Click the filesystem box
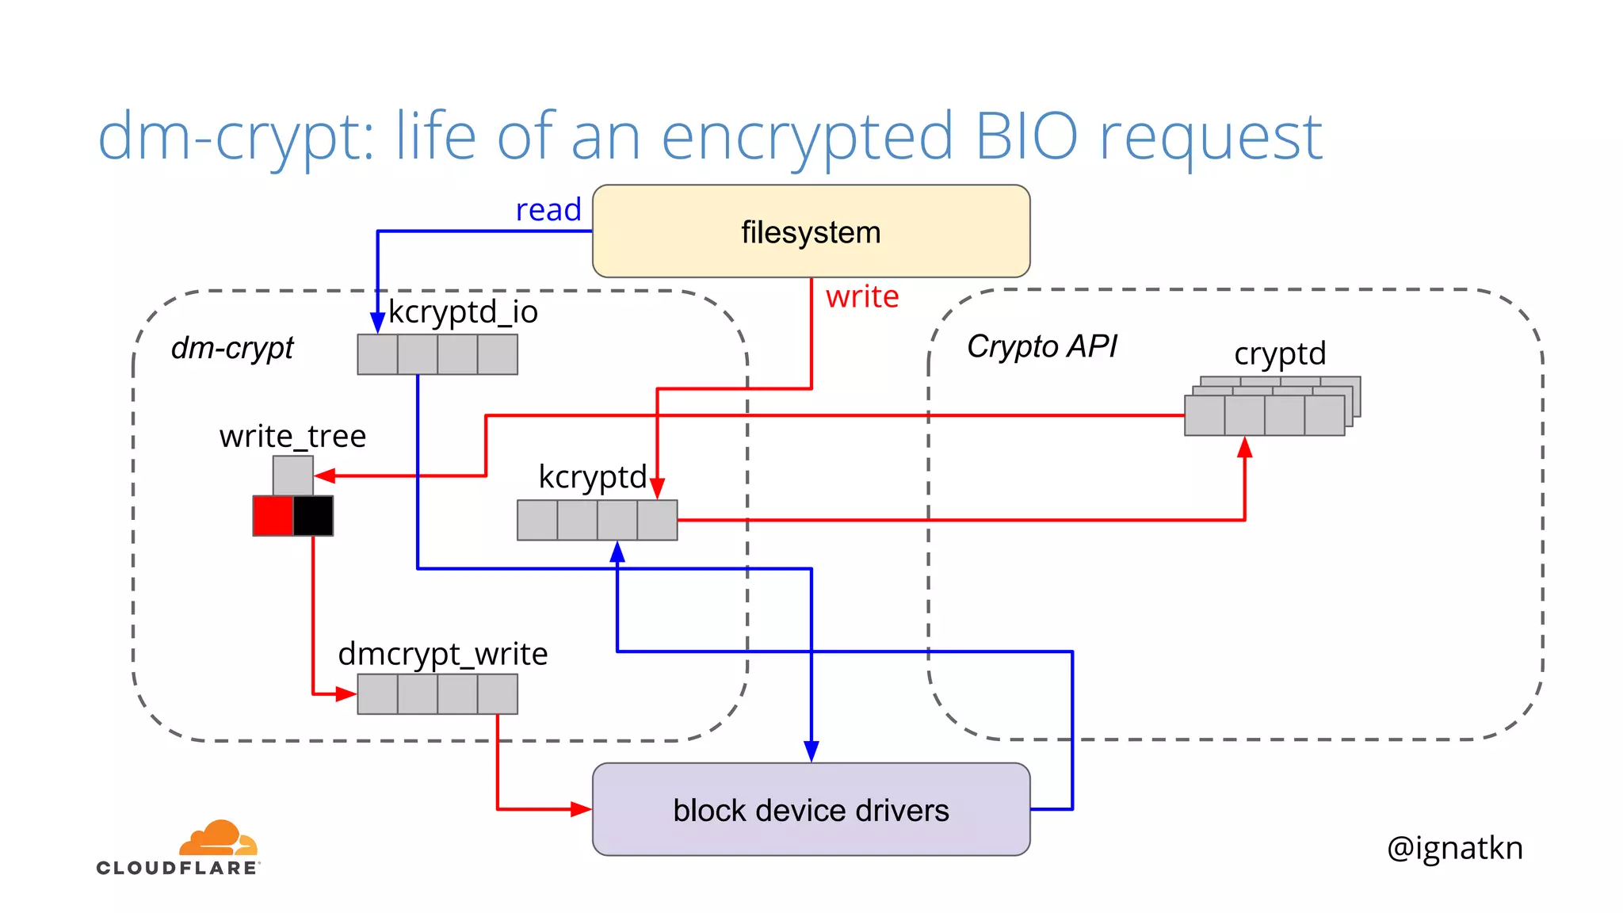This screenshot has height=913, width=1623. click(811, 231)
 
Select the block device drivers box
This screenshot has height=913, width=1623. click(811, 809)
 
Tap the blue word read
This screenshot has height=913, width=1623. click(548, 210)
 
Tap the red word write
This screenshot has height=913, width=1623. click(862, 296)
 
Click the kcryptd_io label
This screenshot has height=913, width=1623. click(463, 311)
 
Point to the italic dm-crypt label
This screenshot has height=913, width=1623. click(231, 348)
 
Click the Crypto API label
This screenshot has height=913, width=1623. click(1041, 346)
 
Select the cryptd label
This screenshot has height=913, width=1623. click(1280, 353)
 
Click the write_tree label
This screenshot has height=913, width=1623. click(292, 437)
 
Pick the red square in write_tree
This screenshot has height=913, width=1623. click(273, 516)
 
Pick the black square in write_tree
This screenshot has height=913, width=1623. click(313, 516)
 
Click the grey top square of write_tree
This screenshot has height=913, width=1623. click(292, 476)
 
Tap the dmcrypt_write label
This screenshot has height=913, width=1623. click(442, 654)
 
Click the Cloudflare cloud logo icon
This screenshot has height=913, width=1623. click(218, 838)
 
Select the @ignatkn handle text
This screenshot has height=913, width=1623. click(1454, 847)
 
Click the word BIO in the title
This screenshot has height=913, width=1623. click(1026, 136)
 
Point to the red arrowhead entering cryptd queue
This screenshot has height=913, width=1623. click(1245, 448)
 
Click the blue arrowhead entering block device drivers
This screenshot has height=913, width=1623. click(811, 751)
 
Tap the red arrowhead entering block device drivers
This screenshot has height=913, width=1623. click(582, 809)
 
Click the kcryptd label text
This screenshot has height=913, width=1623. click(592, 477)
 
